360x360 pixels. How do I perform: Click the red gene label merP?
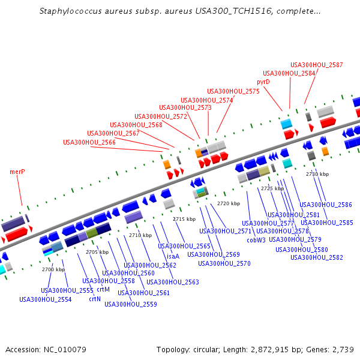pyautogui.click(x=17, y=172)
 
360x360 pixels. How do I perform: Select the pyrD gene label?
pyautogui.click(x=263, y=82)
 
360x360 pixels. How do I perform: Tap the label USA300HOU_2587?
pyautogui.click(x=317, y=65)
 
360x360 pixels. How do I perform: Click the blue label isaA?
pyautogui.click(x=173, y=256)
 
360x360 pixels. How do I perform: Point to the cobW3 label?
pyautogui.click(x=256, y=240)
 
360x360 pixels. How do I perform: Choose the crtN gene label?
pyautogui.click(x=95, y=299)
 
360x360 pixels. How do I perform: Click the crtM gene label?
pyautogui.click(x=103, y=290)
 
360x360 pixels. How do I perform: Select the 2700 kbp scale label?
pyautogui.click(x=53, y=269)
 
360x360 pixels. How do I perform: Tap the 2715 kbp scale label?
pyautogui.click(x=184, y=220)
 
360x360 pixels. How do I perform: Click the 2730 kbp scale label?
pyautogui.click(x=317, y=174)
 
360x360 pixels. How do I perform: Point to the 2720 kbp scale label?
pyautogui.click(x=229, y=204)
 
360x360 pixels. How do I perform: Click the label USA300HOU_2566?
pyautogui.click(x=89, y=142)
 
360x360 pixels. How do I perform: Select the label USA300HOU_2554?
pyautogui.click(x=46, y=299)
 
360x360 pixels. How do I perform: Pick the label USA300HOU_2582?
pyautogui.click(x=317, y=257)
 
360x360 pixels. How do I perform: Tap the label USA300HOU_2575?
pyautogui.click(x=233, y=91)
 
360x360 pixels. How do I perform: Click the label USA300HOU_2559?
pyautogui.click(x=131, y=304)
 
